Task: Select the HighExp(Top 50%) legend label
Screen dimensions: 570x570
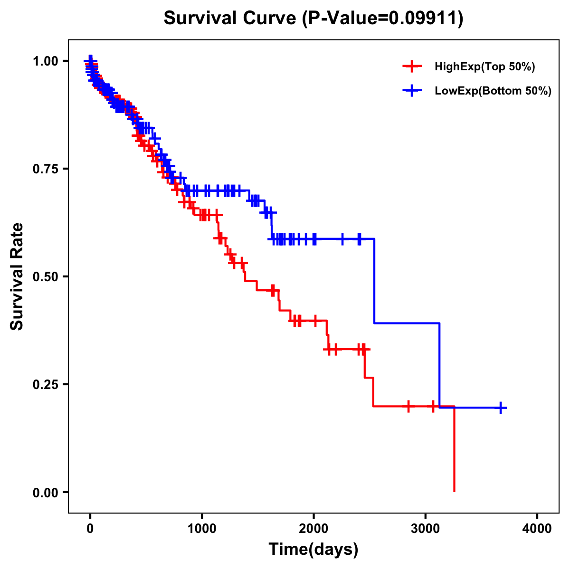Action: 484,67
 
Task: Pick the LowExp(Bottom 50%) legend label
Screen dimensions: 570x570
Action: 493,91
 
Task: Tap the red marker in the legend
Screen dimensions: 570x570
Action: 412,66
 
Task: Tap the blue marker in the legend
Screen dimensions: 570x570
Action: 412,91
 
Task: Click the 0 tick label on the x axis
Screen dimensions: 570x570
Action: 90,529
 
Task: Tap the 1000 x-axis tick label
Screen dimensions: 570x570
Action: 202,529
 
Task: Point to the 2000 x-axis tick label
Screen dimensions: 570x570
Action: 313,529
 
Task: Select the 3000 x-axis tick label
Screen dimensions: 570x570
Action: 426,529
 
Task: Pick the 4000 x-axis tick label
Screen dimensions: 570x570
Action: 537,529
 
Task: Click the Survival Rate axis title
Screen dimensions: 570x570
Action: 17,276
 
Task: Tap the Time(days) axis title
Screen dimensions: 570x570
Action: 313,550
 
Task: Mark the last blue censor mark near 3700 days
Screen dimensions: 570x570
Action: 501,408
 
